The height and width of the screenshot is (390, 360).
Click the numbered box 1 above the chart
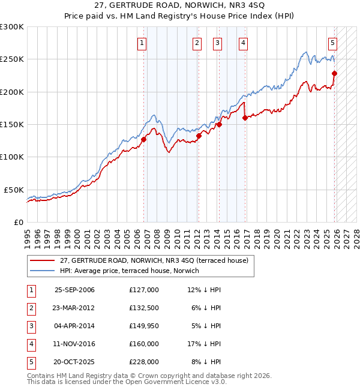[142, 43]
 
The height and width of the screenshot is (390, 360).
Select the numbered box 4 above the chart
[243, 43]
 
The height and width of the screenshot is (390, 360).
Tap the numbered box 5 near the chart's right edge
[332, 43]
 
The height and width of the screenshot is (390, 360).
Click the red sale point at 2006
[144, 139]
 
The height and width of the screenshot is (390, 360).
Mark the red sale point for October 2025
[335, 73]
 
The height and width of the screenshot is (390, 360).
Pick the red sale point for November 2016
[245, 118]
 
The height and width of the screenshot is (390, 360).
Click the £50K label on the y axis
[14, 190]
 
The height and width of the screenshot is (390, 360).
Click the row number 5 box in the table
[30, 362]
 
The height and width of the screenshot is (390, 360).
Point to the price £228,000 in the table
[143, 362]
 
